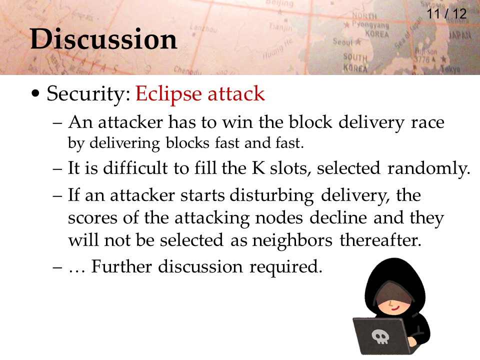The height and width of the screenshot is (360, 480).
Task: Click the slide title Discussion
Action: (x=103, y=39)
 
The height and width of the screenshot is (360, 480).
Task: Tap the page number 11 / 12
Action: (x=446, y=14)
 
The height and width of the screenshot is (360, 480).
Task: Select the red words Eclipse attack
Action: (x=200, y=94)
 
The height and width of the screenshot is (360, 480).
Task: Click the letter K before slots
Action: (x=258, y=168)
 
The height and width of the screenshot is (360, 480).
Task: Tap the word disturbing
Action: (x=271, y=196)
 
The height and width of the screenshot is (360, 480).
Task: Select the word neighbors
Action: (x=292, y=240)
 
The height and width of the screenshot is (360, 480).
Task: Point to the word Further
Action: (x=121, y=266)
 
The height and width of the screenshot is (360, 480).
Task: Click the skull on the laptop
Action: (x=380, y=336)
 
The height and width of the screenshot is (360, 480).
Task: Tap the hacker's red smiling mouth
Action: (x=395, y=308)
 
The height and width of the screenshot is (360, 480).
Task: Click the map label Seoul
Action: (x=343, y=41)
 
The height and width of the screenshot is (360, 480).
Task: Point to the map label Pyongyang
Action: (x=370, y=24)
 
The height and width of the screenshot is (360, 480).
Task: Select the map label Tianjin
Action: (x=280, y=27)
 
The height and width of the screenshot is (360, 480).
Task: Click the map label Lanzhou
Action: (x=203, y=28)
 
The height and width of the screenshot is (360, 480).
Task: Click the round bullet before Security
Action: (x=35, y=93)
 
